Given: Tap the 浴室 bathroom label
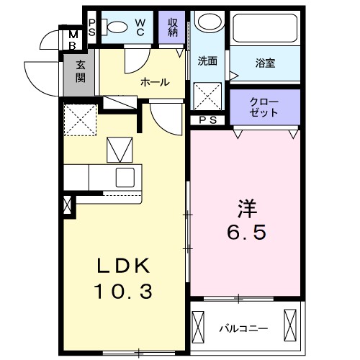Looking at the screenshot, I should tap(265, 63).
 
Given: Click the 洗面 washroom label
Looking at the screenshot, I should tap(208, 61).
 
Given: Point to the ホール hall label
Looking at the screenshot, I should tap(155, 82).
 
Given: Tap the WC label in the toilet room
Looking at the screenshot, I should tap(140, 27).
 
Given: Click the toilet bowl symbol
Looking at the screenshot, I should tap(115, 27).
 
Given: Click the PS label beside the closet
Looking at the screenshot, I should tap(208, 120).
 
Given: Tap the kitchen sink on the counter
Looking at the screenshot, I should tap(125, 176).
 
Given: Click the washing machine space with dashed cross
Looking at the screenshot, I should tap(208, 95).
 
